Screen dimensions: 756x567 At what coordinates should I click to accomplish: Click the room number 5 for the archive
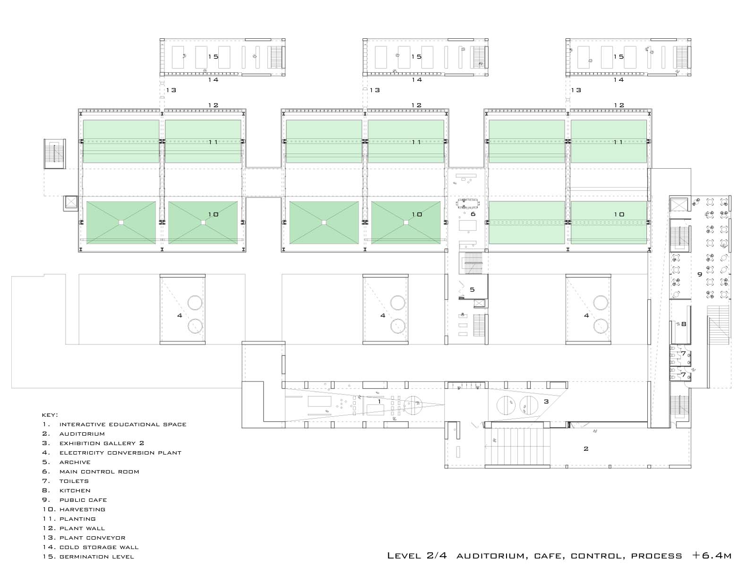coord(472,290)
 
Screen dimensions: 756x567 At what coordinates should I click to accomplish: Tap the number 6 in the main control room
coord(473,214)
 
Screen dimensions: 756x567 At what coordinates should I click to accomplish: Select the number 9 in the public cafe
coord(699,275)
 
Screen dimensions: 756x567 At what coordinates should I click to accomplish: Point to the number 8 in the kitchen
coord(684,324)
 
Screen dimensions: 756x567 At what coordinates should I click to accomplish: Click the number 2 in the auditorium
coord(586,448)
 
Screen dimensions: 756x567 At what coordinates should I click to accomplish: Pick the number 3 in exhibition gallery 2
coord(546,402)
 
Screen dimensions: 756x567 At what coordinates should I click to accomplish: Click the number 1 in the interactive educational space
coord(379,402)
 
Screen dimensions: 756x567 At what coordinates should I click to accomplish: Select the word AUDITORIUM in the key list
coord(82,434)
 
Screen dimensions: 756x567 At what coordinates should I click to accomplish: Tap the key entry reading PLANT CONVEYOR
coord(92,538)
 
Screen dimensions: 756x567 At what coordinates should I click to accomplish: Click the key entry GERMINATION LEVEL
coord(96,557)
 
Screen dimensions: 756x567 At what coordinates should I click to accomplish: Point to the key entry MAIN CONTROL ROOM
coord(99,472)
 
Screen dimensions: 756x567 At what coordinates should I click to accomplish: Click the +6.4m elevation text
coord(712,555)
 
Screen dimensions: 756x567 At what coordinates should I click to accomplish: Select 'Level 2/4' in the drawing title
coord(417,555)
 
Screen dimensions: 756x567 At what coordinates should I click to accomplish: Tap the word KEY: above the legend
coord(50,415)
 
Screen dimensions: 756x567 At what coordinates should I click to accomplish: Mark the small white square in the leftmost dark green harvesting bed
coord(121,223)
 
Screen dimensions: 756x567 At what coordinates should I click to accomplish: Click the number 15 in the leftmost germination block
coord(213,56)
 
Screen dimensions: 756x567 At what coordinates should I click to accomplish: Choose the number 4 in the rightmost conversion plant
coord(586,315)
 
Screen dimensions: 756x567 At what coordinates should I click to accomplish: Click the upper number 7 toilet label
coord(683,353)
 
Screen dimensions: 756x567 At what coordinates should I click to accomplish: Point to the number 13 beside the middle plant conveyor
coord(375,90)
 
